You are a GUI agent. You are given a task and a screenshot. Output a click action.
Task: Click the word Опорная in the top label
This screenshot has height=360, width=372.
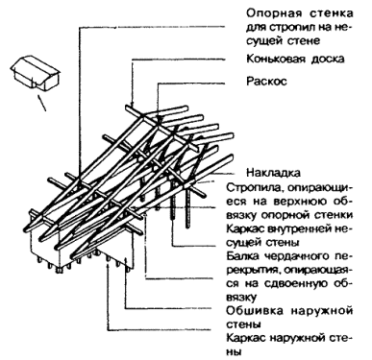coord(274,13)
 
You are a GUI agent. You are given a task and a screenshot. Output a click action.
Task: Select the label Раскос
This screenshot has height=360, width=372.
coord(266,81)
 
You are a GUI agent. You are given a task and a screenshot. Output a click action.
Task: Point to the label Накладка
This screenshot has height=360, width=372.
coord(273,173)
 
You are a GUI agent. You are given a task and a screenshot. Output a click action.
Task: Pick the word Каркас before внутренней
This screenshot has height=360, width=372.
coord(246,228)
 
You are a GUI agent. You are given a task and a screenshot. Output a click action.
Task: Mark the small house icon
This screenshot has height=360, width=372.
coord(36,73)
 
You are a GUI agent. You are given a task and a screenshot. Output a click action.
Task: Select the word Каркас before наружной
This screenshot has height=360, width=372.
coord(246,338)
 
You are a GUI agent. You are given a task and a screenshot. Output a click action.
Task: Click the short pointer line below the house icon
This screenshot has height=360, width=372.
coord(42,103)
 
